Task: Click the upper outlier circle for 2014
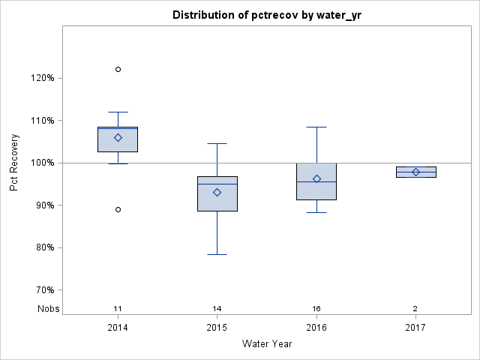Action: [x=118, y=69]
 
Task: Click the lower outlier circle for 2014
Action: [x=118, y=209]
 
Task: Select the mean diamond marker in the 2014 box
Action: [x=118, y=137]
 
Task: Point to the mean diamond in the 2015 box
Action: [x=217, y=192]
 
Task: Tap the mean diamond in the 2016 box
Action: [x=316, y=178]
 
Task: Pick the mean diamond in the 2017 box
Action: [x=415, y=172]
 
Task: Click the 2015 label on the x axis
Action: [x=217, y=328]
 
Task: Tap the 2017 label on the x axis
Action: [x=415, y=328]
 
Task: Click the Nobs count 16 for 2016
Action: [x=316, y=309]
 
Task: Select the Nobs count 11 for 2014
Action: [x=118, y=309]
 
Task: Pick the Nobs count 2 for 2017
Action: [x=415, y=309]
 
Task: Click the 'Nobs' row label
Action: [x=49, y=309]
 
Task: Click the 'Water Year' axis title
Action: [x=266, y=344]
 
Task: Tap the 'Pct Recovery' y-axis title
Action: [x=14, y=163]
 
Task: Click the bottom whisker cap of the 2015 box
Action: [x=217, y=254]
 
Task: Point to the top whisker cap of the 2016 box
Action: [x=316, y=127]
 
